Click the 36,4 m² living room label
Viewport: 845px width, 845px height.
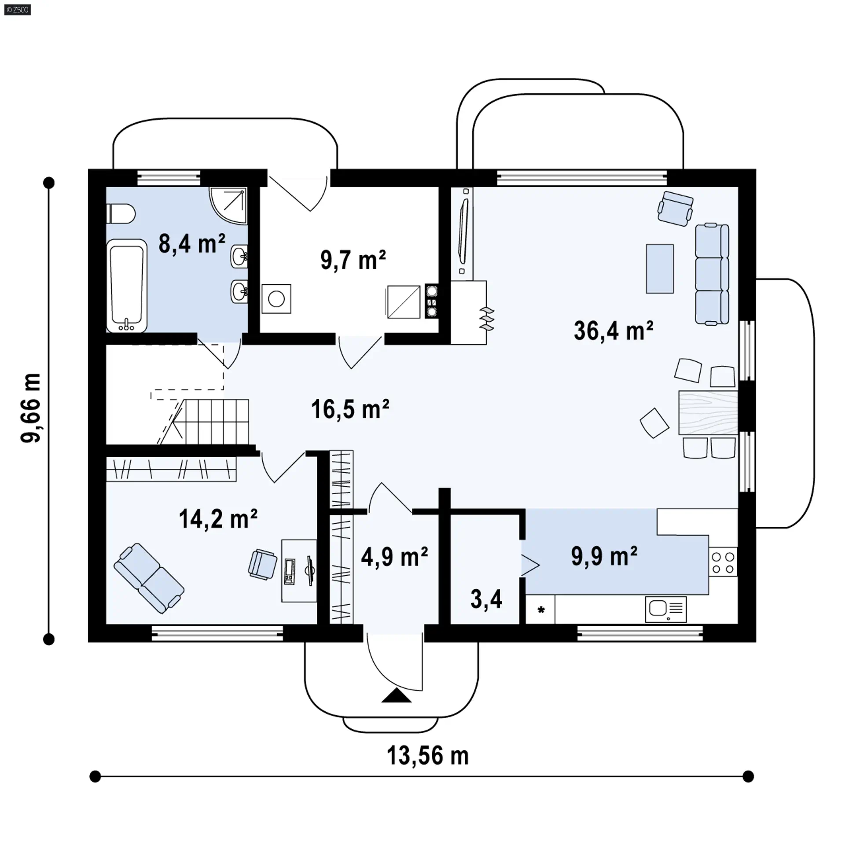click(614, 331)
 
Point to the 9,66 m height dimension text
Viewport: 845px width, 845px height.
click(31, 408)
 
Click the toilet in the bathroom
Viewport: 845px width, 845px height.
click(121, 213)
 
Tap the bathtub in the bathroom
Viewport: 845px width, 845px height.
click(127, 286)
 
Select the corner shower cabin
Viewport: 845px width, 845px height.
click(228, 206)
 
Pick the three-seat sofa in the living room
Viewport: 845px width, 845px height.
click(712, 274)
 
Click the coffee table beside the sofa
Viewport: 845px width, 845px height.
click(660, 268)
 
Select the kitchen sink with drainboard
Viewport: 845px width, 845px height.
click(666, 609)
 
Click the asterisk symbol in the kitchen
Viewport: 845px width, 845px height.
click(541, 610)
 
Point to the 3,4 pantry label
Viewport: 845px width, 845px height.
click(486, 599)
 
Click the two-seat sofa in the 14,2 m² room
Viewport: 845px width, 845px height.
click(149, 578)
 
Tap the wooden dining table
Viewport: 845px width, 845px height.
click(708, 413)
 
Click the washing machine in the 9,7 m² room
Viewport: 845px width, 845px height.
click(276, 299)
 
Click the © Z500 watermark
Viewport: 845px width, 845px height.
click(18, 10)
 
